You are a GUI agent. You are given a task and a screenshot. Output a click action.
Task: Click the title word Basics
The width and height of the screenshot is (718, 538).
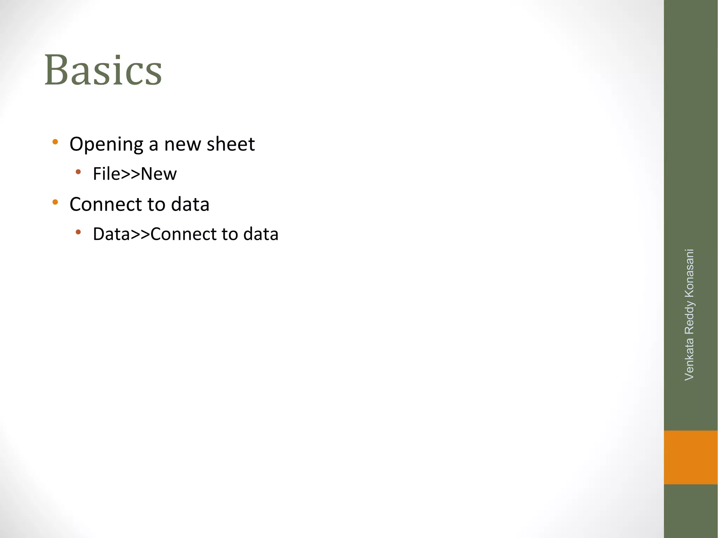click(x=103, y=70)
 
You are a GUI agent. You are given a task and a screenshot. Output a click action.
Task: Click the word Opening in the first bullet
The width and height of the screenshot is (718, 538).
click(x=107, y=144)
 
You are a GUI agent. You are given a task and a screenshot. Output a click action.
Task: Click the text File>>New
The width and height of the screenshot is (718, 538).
click(x=135, y=174)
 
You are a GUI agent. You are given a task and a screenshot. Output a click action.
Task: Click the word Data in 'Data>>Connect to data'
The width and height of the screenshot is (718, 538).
click(x=111, y=234)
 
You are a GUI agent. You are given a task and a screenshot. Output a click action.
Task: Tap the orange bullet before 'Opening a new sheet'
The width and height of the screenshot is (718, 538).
click(x=55, y=142)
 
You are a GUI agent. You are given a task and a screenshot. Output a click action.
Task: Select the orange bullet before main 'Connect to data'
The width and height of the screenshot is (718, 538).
click(x=55, y=202)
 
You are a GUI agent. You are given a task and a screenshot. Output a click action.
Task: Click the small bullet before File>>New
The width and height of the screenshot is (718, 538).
click(x=78, y=172)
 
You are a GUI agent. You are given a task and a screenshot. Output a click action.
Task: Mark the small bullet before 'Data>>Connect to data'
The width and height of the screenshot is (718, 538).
click(x=78, y=232)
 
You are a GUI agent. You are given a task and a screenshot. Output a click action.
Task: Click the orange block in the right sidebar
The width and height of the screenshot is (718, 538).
click(x=690, y=457)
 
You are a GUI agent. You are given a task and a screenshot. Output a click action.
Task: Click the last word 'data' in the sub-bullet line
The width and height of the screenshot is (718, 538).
click(x=261, y=234)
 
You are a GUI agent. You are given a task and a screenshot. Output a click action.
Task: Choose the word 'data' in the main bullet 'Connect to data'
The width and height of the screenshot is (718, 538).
click(x=190, y=204)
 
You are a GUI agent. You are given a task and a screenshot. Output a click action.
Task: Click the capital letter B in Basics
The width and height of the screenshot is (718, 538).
click(x=57, y=70)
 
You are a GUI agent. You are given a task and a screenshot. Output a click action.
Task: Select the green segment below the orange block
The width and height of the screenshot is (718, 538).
click(x=690, y=511)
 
